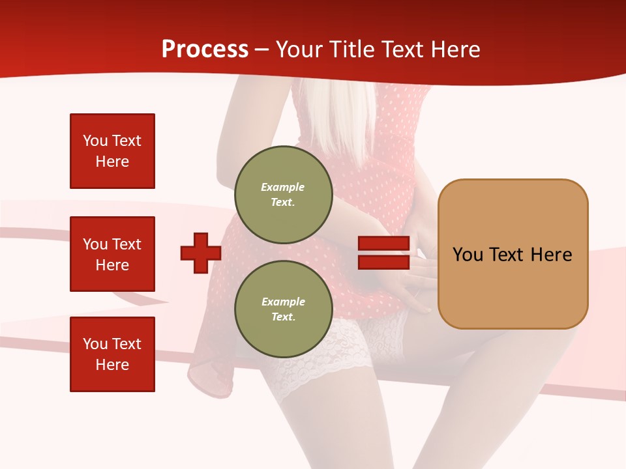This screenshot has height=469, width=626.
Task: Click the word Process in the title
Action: (x=205, y=50)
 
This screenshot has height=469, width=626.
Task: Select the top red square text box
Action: (x=112, y=151)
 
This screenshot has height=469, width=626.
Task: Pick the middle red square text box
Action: (x=112, y=254)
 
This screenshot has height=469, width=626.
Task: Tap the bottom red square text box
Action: (x=112, y=354)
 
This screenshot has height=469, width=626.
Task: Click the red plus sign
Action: (x=201, y=253)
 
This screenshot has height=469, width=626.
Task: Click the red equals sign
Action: (x=383, y=253)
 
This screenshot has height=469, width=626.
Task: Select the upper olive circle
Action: (x=283, y=195)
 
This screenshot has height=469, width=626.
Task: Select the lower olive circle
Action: (x=283, y=309)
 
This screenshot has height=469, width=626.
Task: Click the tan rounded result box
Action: (x=513, y=254)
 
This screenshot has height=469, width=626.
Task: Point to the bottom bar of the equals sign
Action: (x=383, y=262)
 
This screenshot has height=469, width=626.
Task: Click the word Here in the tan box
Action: (x=551, y=255)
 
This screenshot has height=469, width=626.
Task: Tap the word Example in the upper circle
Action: (x=283, y=187)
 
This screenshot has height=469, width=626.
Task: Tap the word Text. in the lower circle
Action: (x=283, y=317)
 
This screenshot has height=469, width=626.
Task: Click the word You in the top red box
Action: (x=95, y=141)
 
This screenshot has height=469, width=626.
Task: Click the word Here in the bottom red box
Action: (x=112, y=365)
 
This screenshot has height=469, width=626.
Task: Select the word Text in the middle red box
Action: (x=126, y=244)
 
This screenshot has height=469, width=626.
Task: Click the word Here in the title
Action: (x=455, y=50)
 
